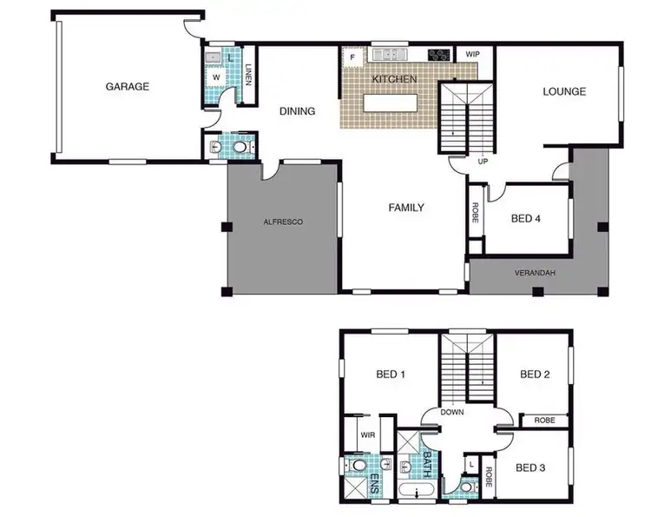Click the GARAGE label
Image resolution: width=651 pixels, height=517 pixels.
pos(128,86)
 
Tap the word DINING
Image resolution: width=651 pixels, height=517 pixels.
pos(296,111)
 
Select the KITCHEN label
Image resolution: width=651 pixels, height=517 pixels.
pos(395,80)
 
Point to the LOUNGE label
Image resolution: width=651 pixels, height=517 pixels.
pos(564,91)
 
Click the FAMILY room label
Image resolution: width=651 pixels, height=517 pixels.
pos(405,208)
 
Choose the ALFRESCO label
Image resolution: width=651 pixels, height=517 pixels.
pos(283,223)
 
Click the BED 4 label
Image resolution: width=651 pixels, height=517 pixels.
pos(525,219)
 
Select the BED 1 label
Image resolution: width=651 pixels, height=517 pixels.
pos(391,374)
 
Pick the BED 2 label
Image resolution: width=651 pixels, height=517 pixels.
pos(536,374)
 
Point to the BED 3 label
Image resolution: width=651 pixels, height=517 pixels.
pos(529,468)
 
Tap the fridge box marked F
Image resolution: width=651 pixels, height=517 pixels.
pos(352,58)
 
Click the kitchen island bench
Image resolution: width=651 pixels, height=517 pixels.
pos(390,103)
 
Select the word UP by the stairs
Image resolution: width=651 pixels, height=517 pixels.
pos(482,161)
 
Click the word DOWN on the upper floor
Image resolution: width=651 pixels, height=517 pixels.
pos(453,413)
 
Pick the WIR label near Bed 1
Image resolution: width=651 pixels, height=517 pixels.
pos(366,434)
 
